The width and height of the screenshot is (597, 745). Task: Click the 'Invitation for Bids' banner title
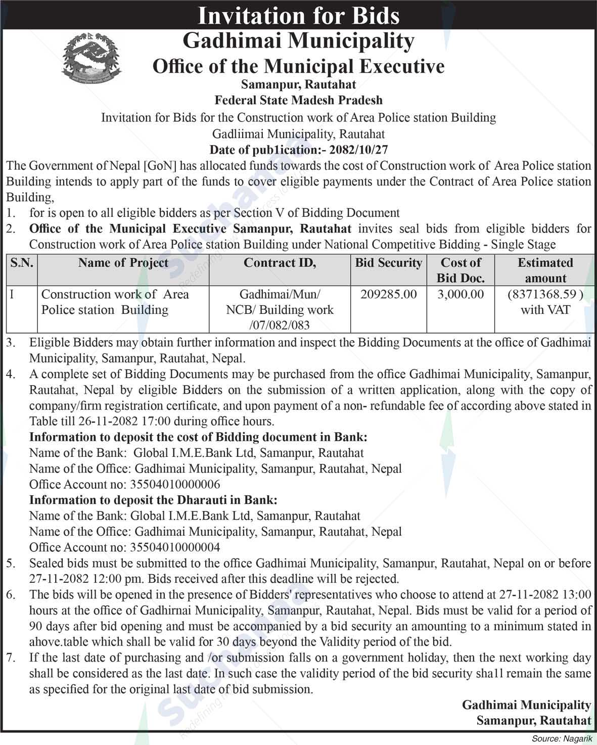(x=298, y=15)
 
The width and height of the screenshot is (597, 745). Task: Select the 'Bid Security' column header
(x=388, y=263)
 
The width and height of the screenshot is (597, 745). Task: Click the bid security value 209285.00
(x=388, y=294)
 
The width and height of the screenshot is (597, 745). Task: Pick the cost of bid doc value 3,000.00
(x=461, y=294)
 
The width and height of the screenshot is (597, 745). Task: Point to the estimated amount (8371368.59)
(x=545, y=294)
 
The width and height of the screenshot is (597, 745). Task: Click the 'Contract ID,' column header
(x=280, y=263)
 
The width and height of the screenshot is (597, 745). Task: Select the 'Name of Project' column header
(x=123, y=263)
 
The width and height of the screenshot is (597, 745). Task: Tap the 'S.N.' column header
(x=21, y=263)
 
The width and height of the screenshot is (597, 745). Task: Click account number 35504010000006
(x=175, y=485)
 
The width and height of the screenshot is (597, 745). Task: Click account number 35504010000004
(x=175, y=547)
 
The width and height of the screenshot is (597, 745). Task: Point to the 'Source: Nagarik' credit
(x=562, y=739)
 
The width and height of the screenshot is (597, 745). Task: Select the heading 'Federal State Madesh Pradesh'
(x=298, y=101)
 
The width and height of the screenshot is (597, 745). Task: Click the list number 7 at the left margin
(x=11, y=658)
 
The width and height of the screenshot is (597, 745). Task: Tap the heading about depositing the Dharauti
(x=153, y=500)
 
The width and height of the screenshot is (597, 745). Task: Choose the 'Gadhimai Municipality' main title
(x=298, y=40)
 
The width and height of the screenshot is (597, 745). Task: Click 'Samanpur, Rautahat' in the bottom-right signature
(x=533, y=721)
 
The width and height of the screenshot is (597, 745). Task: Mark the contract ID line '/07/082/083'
(x=280, y=325)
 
